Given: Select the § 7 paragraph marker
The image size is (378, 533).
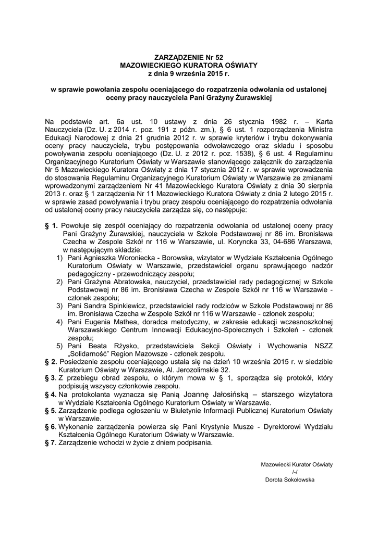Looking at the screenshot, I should pyautogui.click(x=51, y=443).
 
